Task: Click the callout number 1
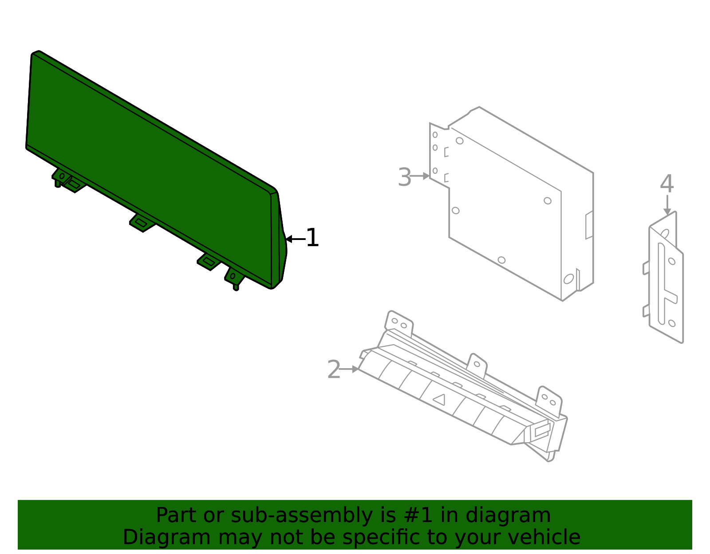coord(312,238)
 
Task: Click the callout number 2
coord(333,369)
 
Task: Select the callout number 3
coord(404,177)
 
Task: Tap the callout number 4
coord(667,184)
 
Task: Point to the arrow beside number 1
coord(295,239)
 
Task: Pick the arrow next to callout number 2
coord(350,369)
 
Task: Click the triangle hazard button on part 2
coord(439,399)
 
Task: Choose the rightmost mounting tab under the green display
coord(233,277)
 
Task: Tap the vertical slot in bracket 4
coord(661,284)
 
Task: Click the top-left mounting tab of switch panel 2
coord(399,322)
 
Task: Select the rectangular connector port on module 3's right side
coord(589,225)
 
